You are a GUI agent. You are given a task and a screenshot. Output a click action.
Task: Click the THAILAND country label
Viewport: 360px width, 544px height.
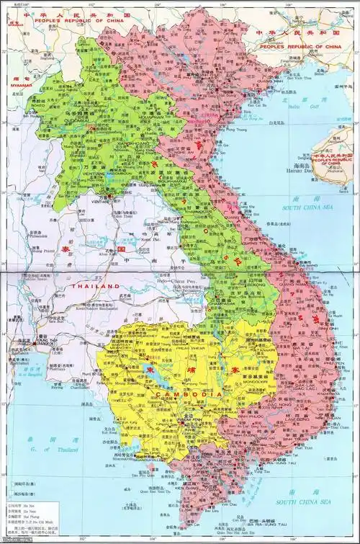pos(94,286)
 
